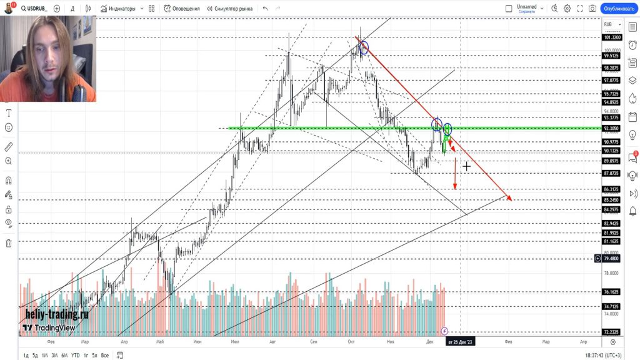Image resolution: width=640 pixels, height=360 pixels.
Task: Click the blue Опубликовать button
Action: (x=617, y=9)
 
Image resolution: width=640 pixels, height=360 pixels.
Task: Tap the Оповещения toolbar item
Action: (x=182, y=9)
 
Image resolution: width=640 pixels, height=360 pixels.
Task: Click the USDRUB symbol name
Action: (x=32, y=9)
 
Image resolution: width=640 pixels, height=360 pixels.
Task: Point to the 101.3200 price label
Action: (x=611, y=37)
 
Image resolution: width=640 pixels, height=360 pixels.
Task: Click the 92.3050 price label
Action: (x=611, y=128)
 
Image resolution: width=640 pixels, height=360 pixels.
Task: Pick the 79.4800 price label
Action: (x=611, y=258)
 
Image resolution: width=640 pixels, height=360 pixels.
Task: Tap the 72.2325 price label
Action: (x=611, y=332)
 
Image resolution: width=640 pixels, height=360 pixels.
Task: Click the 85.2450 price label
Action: (x=611, y=200)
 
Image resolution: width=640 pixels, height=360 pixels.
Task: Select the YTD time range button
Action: (x=75, y=355)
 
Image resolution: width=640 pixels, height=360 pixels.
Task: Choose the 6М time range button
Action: (x=64, y=355)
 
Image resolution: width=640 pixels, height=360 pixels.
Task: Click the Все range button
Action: (x=104, y=355)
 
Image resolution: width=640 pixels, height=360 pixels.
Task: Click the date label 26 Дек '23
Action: (x=460, y=342)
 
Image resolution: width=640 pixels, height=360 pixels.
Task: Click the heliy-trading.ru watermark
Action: (x=57, y=314)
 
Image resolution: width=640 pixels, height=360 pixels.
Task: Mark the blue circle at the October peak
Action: (x=363, y=47)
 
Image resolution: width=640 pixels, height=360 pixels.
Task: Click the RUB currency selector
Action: (x=608, y=24)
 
